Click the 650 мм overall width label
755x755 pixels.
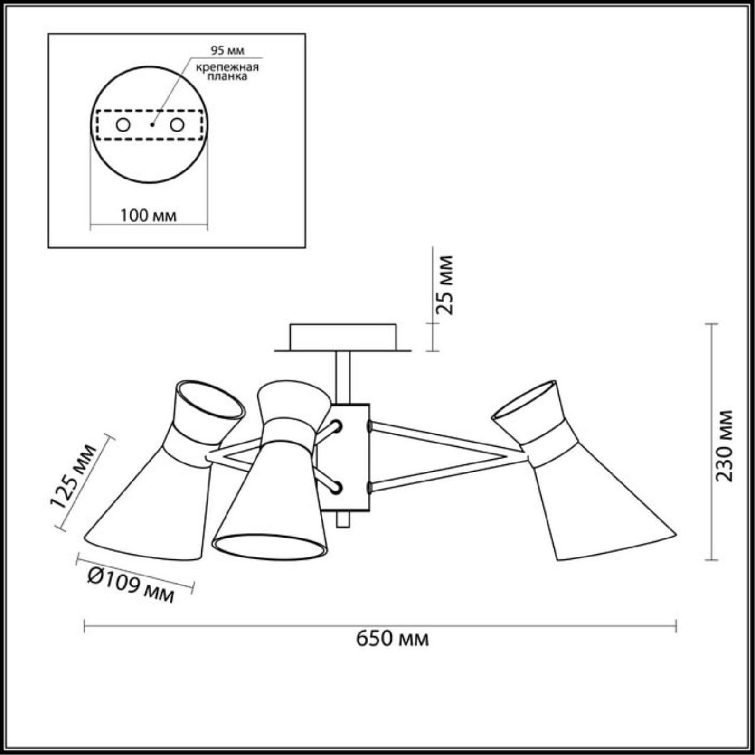392,639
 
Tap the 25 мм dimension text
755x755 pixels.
444,285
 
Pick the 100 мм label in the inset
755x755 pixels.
148,216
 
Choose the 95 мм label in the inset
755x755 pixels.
227,50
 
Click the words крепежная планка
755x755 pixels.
227,72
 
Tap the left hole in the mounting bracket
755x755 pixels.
123,125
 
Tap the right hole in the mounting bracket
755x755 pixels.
177,125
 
